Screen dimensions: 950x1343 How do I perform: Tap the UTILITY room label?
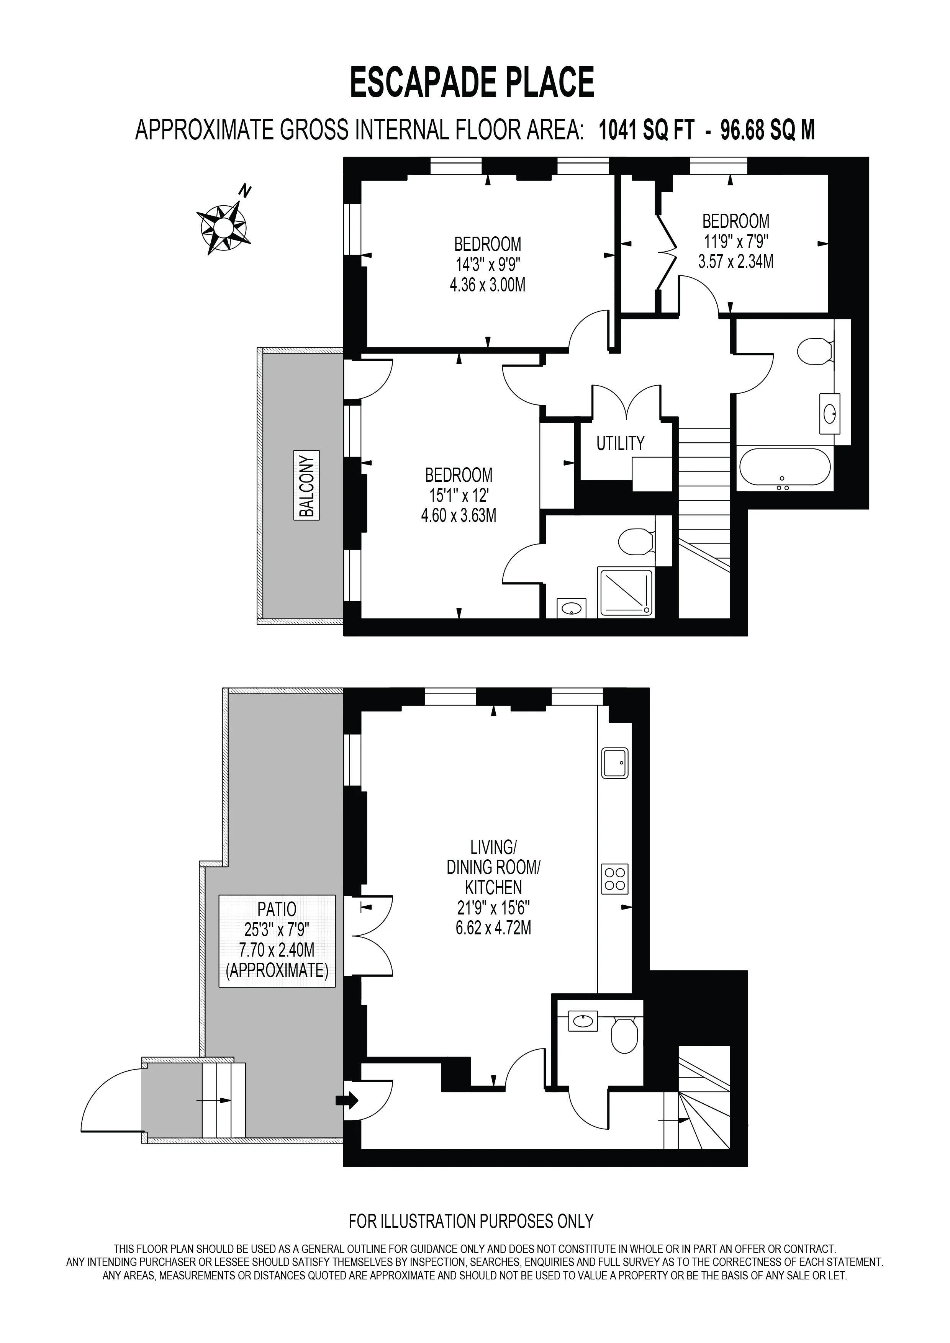620,443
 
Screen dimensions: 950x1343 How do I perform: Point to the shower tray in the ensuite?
625,592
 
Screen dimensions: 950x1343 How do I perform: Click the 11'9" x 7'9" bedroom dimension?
736,241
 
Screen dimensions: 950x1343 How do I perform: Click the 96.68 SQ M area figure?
768,130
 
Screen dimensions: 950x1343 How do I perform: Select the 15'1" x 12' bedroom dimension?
459,496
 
